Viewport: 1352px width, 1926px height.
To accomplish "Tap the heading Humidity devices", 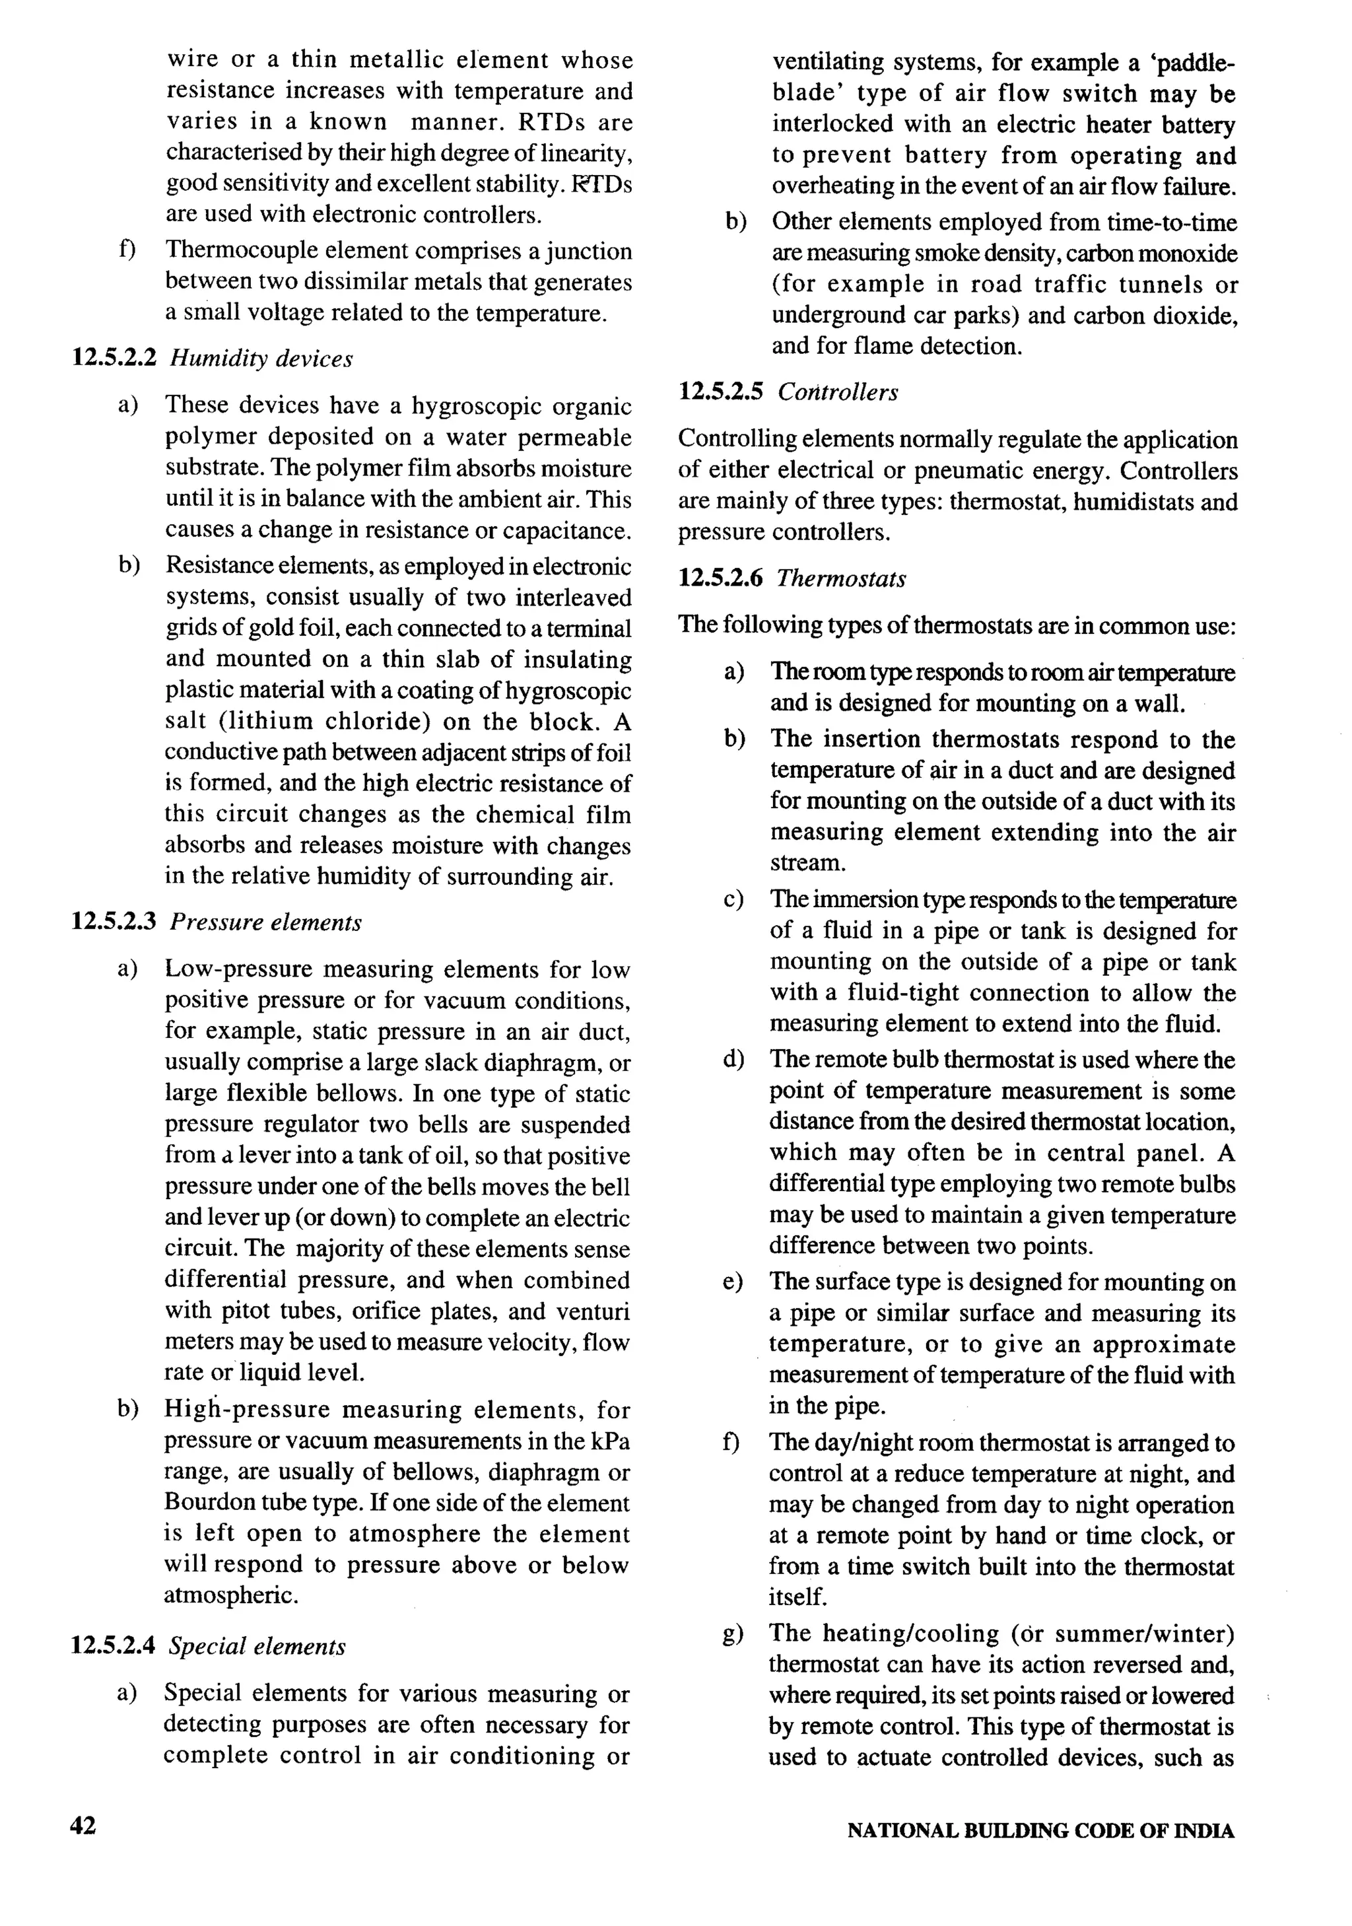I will [261, 359].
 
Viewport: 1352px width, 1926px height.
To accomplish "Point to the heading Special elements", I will [257, 1647].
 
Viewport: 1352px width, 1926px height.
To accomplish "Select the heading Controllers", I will [837, 393].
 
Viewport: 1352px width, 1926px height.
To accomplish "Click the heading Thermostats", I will [840, 579].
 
